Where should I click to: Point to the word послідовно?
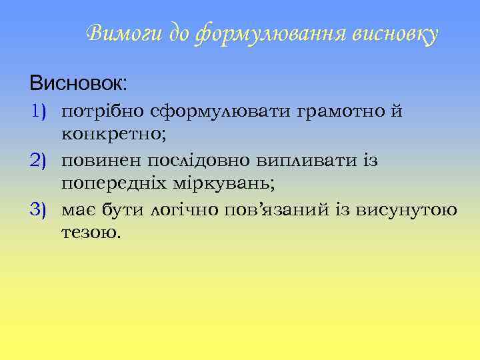coord(194,161)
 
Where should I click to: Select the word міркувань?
coord(233,185)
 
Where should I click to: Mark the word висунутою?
coord(407,211)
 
